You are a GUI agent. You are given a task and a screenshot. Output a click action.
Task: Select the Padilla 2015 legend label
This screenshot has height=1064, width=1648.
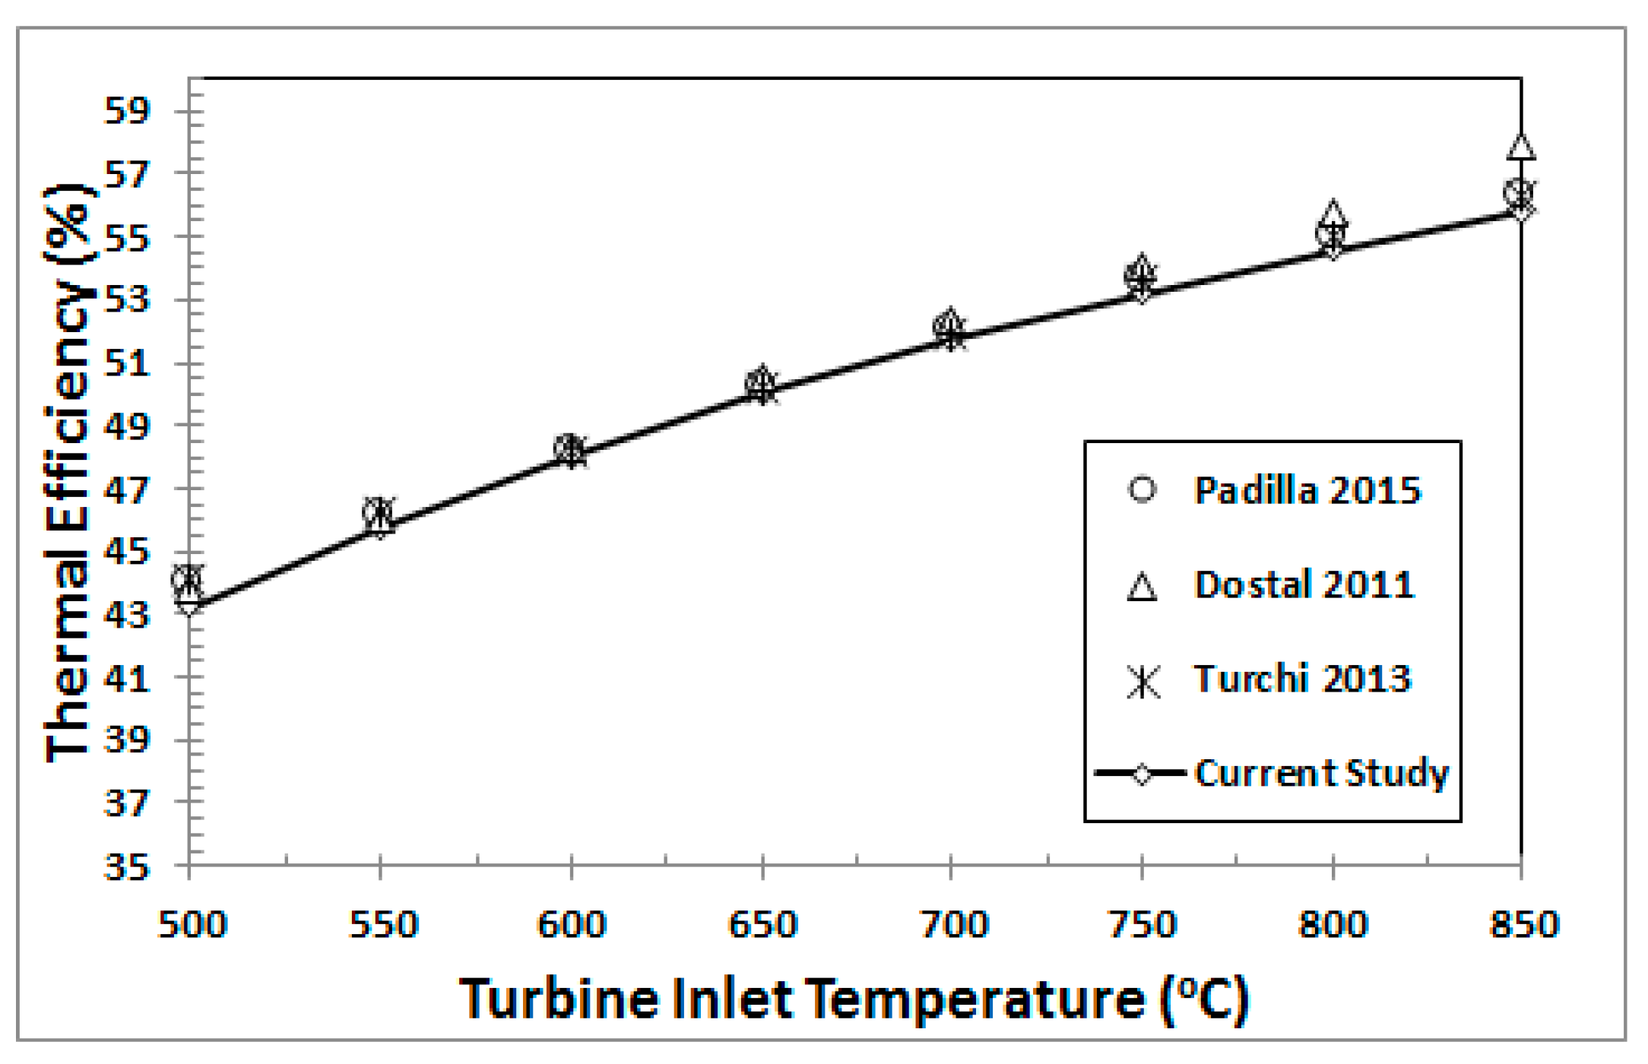1307,491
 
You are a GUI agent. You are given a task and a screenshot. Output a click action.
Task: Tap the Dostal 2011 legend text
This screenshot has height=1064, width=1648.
1304,585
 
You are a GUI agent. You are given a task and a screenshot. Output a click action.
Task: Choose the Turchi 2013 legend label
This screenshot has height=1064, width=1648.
1302,679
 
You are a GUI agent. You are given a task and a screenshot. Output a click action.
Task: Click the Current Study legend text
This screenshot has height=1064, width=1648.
1321,773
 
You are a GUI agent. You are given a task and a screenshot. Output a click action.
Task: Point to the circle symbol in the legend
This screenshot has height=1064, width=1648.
1142,489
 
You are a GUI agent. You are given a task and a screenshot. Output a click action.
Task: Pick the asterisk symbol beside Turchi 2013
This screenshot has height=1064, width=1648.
1143,681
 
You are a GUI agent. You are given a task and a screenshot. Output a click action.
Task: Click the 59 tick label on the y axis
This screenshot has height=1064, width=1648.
127,112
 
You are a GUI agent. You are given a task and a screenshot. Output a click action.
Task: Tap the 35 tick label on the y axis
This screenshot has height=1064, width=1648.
127,866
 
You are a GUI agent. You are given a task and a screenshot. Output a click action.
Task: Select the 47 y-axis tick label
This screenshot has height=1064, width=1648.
127,490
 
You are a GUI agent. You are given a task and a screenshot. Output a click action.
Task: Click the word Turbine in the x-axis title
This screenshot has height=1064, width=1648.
559,999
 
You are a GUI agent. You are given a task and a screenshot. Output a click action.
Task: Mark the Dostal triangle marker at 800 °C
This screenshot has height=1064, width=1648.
1333,215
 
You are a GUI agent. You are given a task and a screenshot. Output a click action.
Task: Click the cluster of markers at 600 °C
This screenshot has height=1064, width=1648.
570,451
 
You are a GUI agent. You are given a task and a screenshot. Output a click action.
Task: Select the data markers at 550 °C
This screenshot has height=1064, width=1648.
379,515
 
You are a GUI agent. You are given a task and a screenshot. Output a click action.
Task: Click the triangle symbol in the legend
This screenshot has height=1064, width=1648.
1142,587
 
